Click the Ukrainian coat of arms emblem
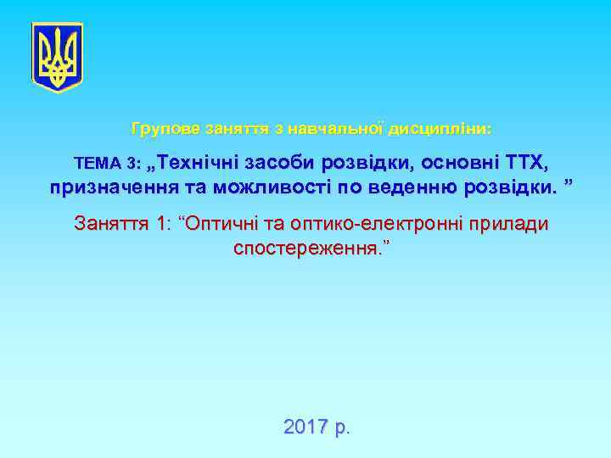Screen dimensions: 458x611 click(x=57, y=57)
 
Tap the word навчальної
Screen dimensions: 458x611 click(x=327, y=130)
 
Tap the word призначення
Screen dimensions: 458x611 click(x=109, y=187)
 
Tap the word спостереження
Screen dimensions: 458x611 click(x=303, y=250)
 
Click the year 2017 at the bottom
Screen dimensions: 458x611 click(x=306, y=427)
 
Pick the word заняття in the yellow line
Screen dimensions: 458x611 click(x=233, y=130)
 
